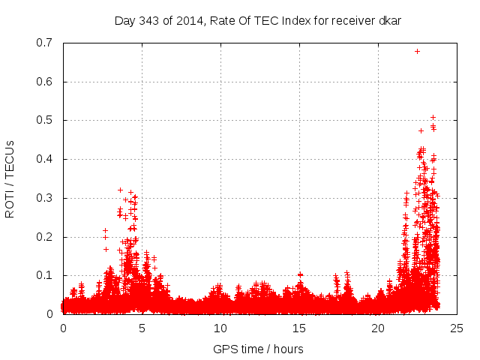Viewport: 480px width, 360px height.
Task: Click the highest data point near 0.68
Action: pyautogui.click(x=417, y=51)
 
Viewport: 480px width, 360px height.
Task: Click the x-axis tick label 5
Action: pyautogui.click(x=142, y=328)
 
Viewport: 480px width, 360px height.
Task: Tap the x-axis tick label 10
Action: pyautogui.click(x=220, y=328)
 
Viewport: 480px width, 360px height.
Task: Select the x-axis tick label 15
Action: pyautogui.click(x=299, y=328)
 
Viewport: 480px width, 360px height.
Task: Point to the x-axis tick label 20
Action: pyautogui.click(x=378, y=328)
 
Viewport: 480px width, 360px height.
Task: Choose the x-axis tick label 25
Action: pyautogui.click(x=457, y=328)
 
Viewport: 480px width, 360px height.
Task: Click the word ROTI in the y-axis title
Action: pyautogui.click(x=10, y=205)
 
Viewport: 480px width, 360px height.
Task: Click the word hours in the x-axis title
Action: pyautogui.click(x=287, y=349)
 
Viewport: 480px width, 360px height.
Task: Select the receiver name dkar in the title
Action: pyautogui.click(x=388, y=20)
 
